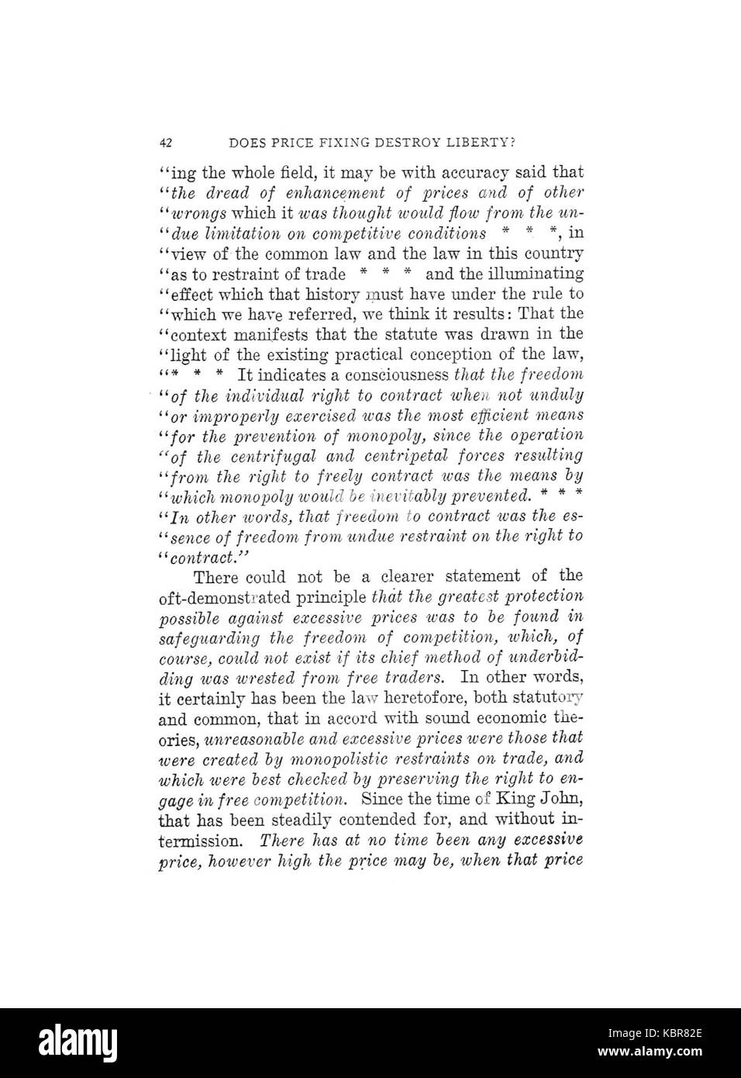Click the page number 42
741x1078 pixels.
tap(165, 143)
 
